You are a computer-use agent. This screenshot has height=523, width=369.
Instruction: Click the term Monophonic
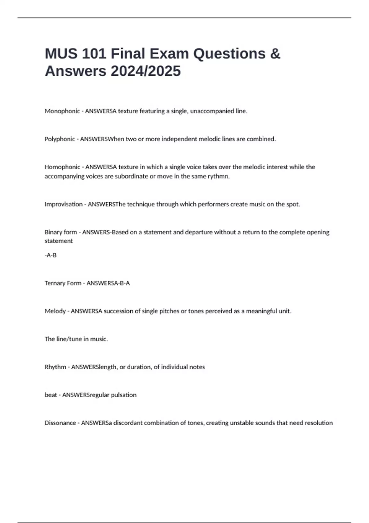[62, 111]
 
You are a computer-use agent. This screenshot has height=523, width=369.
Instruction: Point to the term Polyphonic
[60, 139]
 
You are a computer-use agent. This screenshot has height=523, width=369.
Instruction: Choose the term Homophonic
[62, 167]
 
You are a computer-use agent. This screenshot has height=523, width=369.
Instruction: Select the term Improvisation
[63, 204]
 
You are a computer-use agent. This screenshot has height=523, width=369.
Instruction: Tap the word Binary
[52, 232]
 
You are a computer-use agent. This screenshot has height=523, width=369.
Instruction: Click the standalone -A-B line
[50, 255]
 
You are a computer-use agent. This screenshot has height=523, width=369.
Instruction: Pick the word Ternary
[54, 283]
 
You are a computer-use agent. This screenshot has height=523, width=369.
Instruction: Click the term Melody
[55, 311]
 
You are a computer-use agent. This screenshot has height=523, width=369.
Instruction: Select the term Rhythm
[55, 367]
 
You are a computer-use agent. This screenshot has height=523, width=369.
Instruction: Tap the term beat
[51, 395]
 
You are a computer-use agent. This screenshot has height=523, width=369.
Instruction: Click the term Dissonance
[60, 423]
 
